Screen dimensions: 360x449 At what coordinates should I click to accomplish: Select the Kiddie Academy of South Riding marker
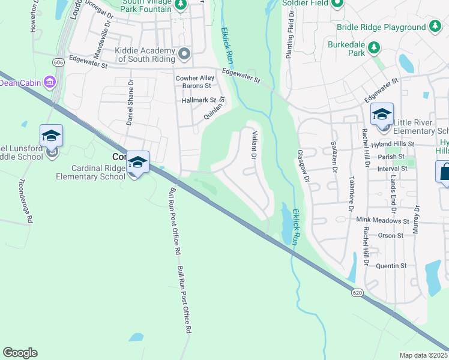(x=184, y=54)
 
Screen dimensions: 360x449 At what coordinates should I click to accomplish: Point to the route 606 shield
(x=58, y=62)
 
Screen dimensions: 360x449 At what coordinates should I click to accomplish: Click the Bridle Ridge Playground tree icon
(x=435, y=26)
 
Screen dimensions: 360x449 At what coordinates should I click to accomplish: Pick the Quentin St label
(x=391, y=265)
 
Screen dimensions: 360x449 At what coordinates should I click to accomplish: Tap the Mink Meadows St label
(x=382, y=220)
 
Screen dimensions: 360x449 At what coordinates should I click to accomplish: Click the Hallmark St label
(x=199, y=100)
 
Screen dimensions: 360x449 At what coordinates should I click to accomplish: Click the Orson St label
(x=391, y=235)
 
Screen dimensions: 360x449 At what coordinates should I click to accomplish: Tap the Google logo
(x=20, y=353)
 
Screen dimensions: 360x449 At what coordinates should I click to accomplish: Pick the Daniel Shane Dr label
(x=130, y=101)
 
